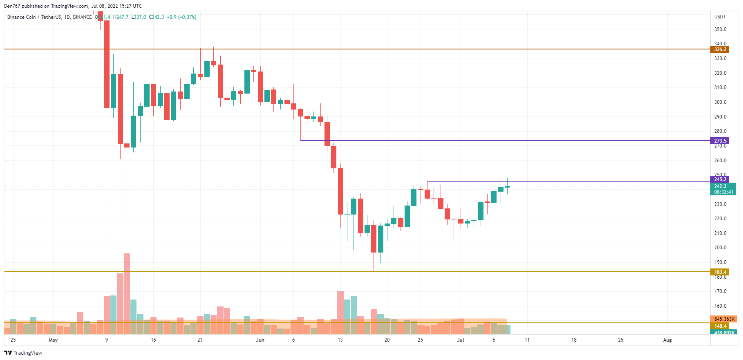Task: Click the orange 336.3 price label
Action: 720,49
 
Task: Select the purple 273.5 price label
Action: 720,141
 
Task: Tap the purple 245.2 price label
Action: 720,179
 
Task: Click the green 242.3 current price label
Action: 720,186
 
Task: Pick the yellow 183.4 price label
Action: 720,272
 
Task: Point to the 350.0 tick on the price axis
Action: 720,29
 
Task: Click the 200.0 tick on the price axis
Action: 720,248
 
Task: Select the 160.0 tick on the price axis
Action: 720,306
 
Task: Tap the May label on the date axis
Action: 53,340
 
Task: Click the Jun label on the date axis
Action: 260,340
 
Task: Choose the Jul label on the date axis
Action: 460,340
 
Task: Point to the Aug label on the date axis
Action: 667,340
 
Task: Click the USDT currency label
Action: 720,17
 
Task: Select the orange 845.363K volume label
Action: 724,319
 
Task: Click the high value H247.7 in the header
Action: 121,17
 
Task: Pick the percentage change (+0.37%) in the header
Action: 187,17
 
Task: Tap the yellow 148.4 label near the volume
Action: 720,326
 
